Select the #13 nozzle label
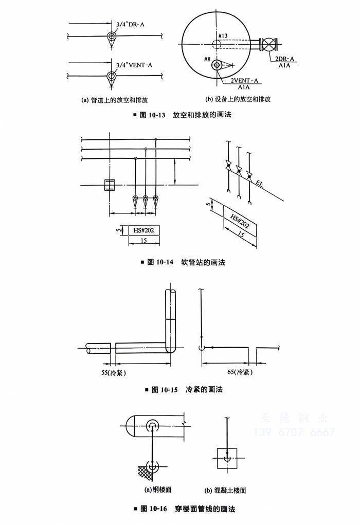click(x=223, y=35)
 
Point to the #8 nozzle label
click(x=207, y=60)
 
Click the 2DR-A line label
click(x=284, y=60)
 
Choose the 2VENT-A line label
click(x=244, y=81)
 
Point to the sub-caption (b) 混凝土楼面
click(x=225, y=490)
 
